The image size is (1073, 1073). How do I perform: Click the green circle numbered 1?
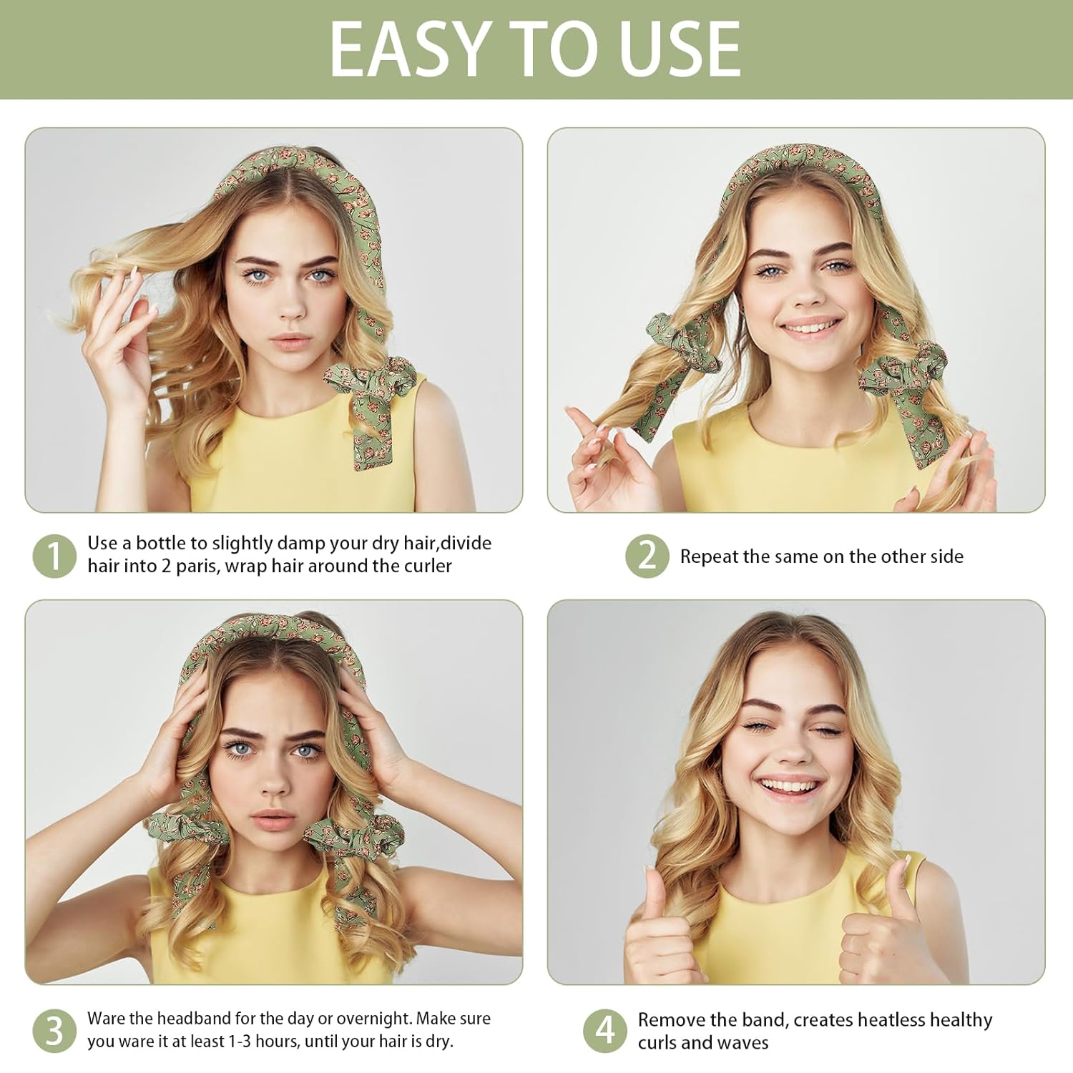(x=54, y=556)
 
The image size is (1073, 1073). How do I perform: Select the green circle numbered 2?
(x=647, y=556)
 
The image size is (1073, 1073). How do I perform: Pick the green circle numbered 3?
(x=54, y=1031)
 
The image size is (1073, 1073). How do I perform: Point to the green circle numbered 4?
(x=605, y=1031)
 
